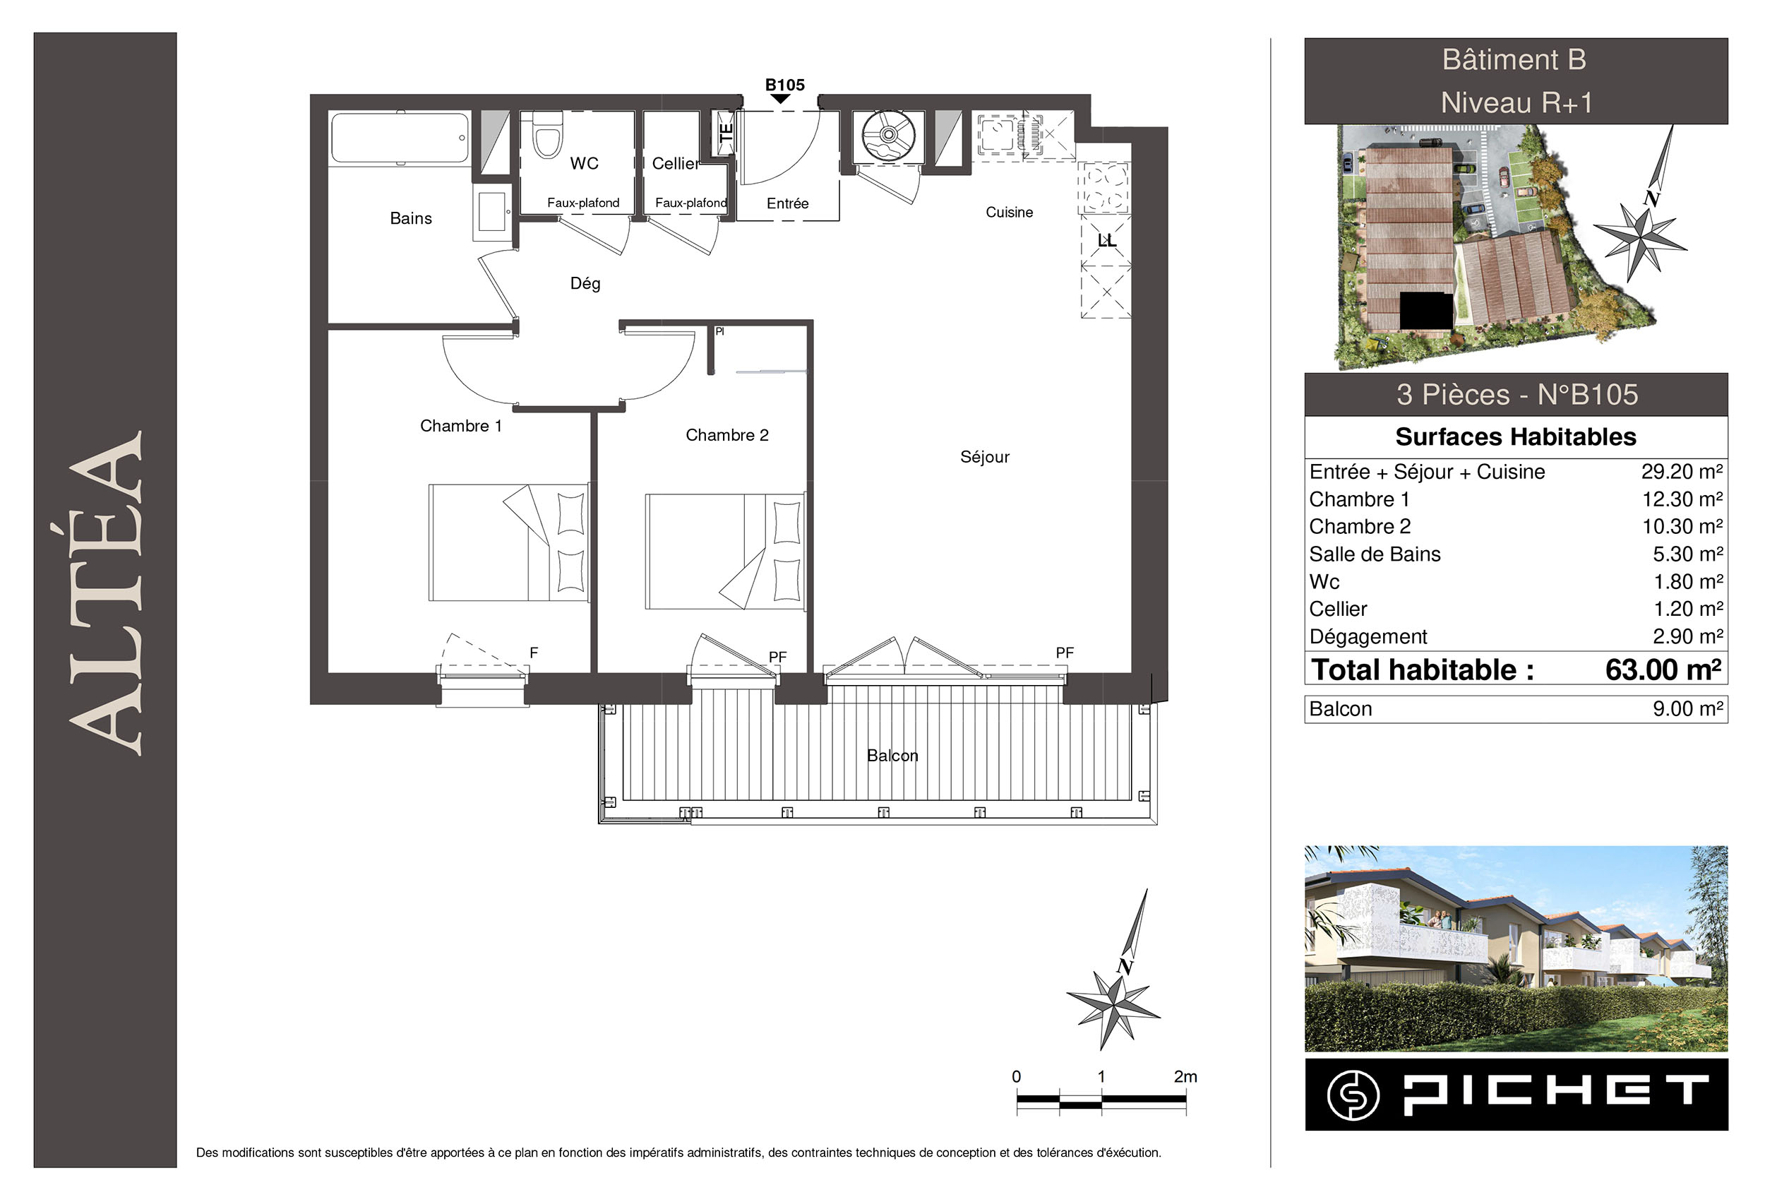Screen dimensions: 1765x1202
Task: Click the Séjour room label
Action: pos(984,458)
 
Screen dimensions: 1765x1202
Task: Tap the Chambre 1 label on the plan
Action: pos(461,425)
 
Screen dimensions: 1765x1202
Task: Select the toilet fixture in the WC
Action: pos(547,134)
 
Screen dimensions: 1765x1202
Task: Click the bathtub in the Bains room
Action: pos(400,138)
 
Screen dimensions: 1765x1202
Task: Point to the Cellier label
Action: pos(675,163)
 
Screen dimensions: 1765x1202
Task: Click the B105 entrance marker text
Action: pos(784,85)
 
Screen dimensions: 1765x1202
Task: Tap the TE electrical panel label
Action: pos(726,132)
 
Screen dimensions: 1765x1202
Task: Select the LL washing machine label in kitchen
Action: pos(1106,241)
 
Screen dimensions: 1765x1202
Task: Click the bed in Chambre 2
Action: pos(724,551)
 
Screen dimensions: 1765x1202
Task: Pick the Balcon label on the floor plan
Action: pos(892,755)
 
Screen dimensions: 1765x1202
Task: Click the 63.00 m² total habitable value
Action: pos(1663,670)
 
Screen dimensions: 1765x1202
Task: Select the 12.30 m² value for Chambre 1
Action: pos(1682,499)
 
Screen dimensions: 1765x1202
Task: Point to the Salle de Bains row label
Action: pos(1375,554)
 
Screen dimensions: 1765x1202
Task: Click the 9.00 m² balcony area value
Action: pos(1687,709)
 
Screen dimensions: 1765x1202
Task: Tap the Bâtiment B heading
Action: pos(1514,59)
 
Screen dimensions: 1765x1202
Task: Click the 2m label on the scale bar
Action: pos(1185,1076)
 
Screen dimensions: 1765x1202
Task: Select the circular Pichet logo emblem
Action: pos(1353,1095)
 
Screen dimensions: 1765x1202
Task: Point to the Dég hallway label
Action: pos(585,283)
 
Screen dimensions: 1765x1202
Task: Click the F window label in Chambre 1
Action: pos(534,652)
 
